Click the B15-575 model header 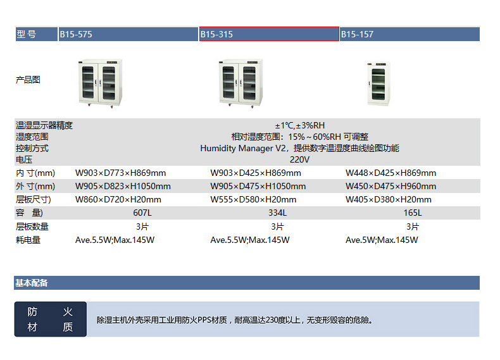pos(128,34)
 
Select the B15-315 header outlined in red pos(269,34)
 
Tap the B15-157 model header pos(409,34)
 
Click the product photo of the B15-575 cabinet pos(100,84)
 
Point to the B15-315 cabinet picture pos(241,84)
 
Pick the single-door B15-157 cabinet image pos(378,84)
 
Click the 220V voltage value pos(299,159)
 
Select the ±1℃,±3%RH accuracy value pos(300,125)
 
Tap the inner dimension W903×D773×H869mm pos(120,173)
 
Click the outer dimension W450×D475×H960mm pos(391,186)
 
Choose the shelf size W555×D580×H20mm pos(253,199)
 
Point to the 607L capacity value pos(142,213)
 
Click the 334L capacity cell pos(277,213)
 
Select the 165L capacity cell pos(413,213)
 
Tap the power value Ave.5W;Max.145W pos(382,240)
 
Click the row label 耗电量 pos(28,240)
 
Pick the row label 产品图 pos(28,80)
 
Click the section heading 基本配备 pos(31,283)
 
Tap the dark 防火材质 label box pos(51,319)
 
